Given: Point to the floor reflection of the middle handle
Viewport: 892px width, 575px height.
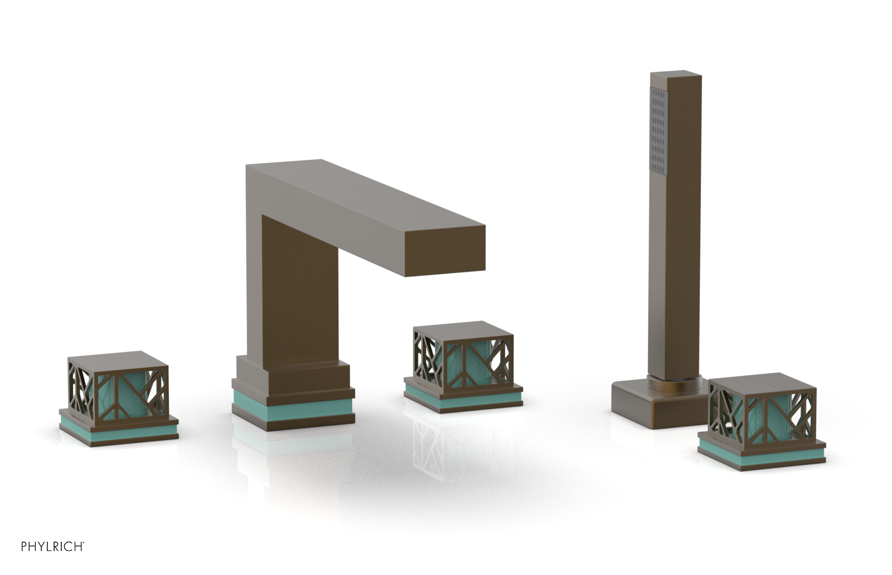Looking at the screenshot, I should pyautogui.click(x=446, y=446).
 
